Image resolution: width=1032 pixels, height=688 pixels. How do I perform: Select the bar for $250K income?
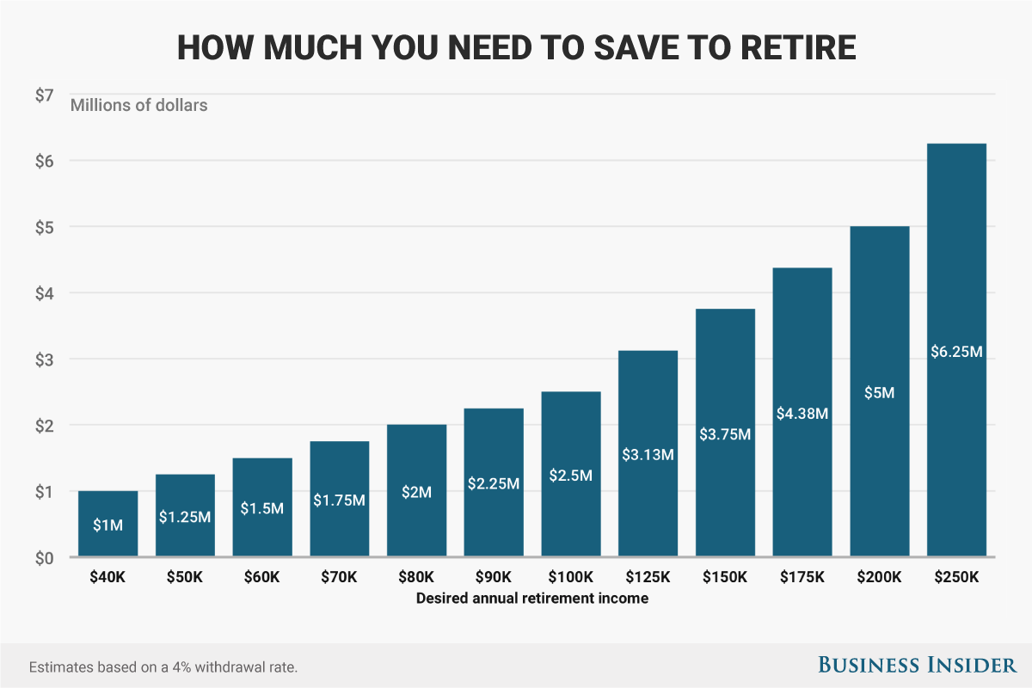coord(956,258)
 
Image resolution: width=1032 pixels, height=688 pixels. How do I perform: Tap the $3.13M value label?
coord(648,454)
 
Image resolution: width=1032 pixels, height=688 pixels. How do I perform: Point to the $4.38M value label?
coord(802,414)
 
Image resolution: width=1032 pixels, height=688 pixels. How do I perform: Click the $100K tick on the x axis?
coord(571,577)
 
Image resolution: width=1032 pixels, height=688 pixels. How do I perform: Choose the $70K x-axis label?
coord(339,577)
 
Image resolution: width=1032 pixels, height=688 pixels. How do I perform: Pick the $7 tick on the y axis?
coord(45,95)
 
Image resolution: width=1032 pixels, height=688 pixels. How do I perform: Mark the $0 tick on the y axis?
coord(45,557)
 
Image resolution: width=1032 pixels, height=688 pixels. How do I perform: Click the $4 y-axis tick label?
coord(45,293)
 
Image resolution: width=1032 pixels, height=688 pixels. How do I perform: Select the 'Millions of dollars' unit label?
coord(138,107)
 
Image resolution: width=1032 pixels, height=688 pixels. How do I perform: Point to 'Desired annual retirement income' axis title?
coord(531,599)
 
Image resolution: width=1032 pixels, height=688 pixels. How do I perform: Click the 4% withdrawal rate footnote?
coord(163,667)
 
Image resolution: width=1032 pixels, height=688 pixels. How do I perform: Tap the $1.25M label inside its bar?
coord(185,517)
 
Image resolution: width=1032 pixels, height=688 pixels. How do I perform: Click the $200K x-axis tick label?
coord(880,577)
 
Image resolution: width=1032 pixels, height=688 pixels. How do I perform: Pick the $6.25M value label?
coord(956,352)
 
